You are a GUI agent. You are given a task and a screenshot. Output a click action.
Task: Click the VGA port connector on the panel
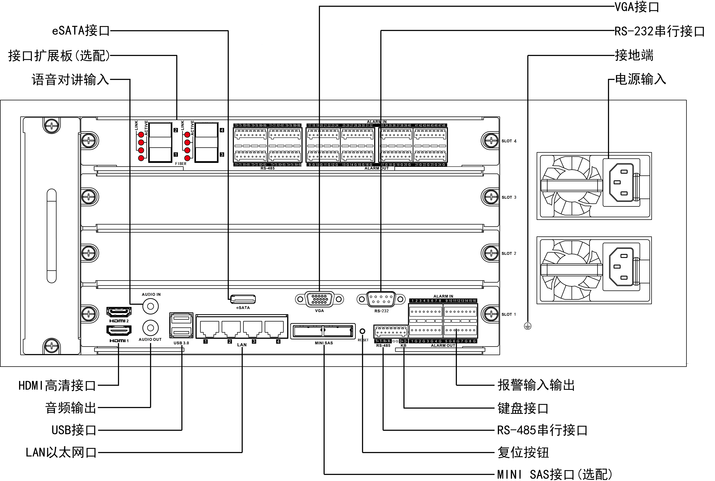319,299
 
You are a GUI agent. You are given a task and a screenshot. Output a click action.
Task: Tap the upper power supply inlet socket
621,183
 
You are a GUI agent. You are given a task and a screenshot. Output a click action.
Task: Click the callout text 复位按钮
523,452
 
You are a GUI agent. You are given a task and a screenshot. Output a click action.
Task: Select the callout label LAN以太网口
61,452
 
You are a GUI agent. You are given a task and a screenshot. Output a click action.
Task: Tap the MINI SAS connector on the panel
323,331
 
